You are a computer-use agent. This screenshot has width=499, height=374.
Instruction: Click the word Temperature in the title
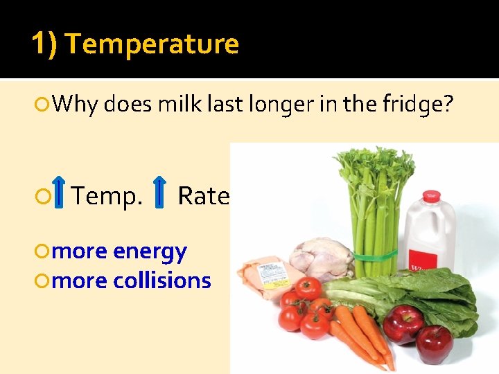pos(152,44)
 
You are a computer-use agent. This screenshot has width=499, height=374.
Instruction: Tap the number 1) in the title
pos(45,44)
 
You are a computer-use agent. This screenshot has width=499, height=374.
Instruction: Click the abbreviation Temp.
pos(107,196)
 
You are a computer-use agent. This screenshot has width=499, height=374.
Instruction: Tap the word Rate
pos(203,196)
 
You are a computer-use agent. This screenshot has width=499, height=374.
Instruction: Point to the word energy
pos(150,251)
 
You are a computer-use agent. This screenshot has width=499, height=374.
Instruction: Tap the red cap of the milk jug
pos(431,196)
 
